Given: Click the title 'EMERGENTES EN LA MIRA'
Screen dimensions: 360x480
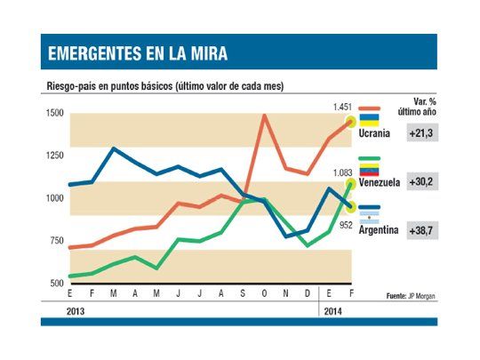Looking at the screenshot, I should [138, 54].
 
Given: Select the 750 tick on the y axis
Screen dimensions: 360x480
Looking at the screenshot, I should [54, 241].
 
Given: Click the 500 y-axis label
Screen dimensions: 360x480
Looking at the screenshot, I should [54, 283].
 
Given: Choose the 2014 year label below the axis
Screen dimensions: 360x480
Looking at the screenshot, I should [331, 311].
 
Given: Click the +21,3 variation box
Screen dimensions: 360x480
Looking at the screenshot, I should [422, 132].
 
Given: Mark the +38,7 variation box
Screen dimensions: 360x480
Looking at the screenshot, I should [422, 228].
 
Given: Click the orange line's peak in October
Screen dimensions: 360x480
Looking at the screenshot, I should [264, 115].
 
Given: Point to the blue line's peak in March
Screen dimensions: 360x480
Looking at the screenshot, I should [113, 148].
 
